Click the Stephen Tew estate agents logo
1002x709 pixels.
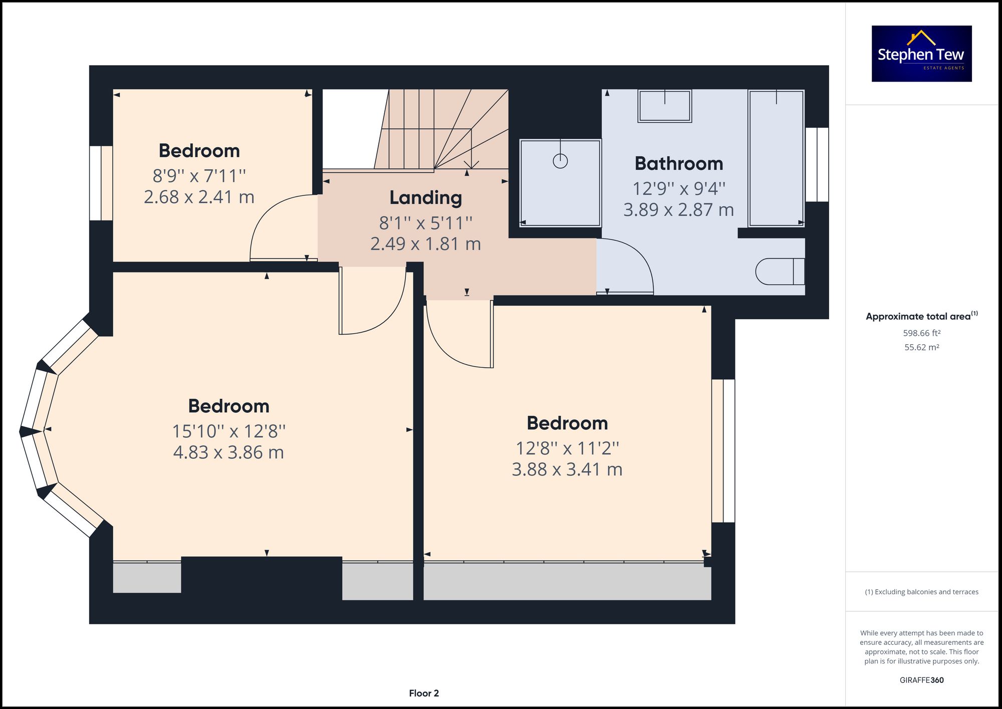click(x=921, y=54)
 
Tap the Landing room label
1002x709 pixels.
click(x=425, y=198)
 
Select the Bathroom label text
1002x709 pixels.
click(x=678, y=164)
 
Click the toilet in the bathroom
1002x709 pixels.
click(x=779, y=272)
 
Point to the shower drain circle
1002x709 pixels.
click(x=560, y=161)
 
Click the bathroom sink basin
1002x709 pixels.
click(x=664, y=106)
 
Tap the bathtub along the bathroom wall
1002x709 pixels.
click(x=776, y=158)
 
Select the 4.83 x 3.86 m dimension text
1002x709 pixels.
click(x=228, y=452)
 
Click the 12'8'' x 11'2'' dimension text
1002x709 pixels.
click(x=567, y=448)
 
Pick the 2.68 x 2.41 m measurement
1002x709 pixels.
click(x=199, y=197)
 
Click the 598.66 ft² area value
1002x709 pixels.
click(x=921, y=333)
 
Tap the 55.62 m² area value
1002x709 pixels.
click(x=921, y=347)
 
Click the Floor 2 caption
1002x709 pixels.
click(x=424, y=693)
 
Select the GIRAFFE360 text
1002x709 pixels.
click(x=921, y=680)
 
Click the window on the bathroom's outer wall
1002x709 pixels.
click(x=817, y=164)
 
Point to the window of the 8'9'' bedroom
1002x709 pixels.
click(x=101, y=183)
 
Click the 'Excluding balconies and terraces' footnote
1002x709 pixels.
click(x=921, y=592)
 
